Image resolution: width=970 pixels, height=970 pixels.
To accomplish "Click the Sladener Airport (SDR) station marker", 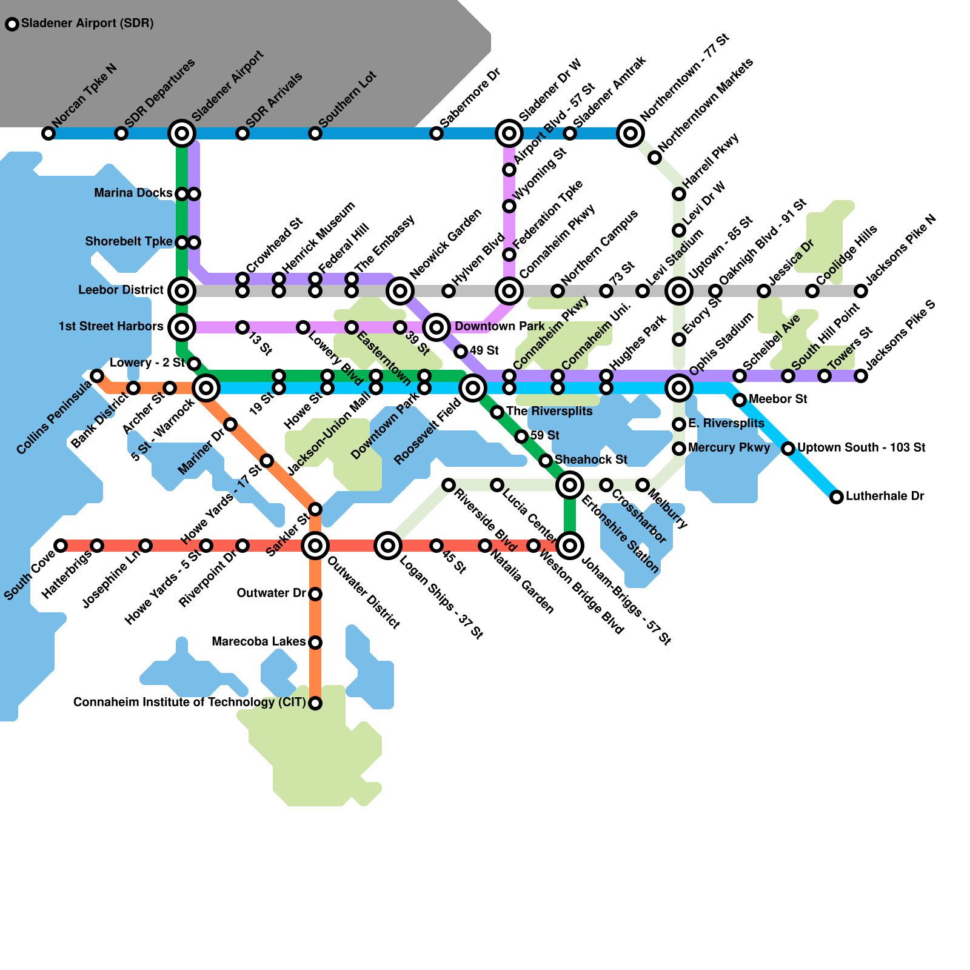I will (x=12, y=24).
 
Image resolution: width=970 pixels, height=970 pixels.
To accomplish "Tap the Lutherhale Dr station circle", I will (x=837, y=497).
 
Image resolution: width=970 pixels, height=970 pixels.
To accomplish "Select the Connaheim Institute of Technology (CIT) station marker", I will (x=315, y=703).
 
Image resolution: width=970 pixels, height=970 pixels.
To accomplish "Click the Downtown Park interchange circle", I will (x=436, y=327).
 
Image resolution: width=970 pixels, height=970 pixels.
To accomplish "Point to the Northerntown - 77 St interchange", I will (x=630, y=133).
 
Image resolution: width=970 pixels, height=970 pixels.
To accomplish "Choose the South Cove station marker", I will (x=61, y=546).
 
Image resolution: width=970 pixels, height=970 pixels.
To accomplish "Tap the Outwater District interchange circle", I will (x=315, y=546).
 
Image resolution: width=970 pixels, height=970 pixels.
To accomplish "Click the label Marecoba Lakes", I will (x=259, y=641).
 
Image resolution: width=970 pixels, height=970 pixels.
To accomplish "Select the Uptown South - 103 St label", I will (x=861, y=447).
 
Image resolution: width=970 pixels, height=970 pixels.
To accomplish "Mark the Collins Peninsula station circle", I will (x=97, y=376).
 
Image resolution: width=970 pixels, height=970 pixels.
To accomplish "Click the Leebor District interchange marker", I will (x=182, y=291).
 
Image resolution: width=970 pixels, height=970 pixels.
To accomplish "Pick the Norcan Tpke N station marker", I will (x=48, y=133).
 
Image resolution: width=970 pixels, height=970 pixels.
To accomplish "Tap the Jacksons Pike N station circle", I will (x=861, y=291).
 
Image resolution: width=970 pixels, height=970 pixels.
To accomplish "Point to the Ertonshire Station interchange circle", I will (x=570, y=485).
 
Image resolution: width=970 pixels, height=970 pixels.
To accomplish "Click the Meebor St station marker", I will (x=740, y=400).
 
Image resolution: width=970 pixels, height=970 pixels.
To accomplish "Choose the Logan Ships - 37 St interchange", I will (x=388, y=546).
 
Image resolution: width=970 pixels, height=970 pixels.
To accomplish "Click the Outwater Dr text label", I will (x=272, y=593).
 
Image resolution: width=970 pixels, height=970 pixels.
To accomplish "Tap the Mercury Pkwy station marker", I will (x=679, y=449).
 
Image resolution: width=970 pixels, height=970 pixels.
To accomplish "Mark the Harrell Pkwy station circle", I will (x=679, y=194).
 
